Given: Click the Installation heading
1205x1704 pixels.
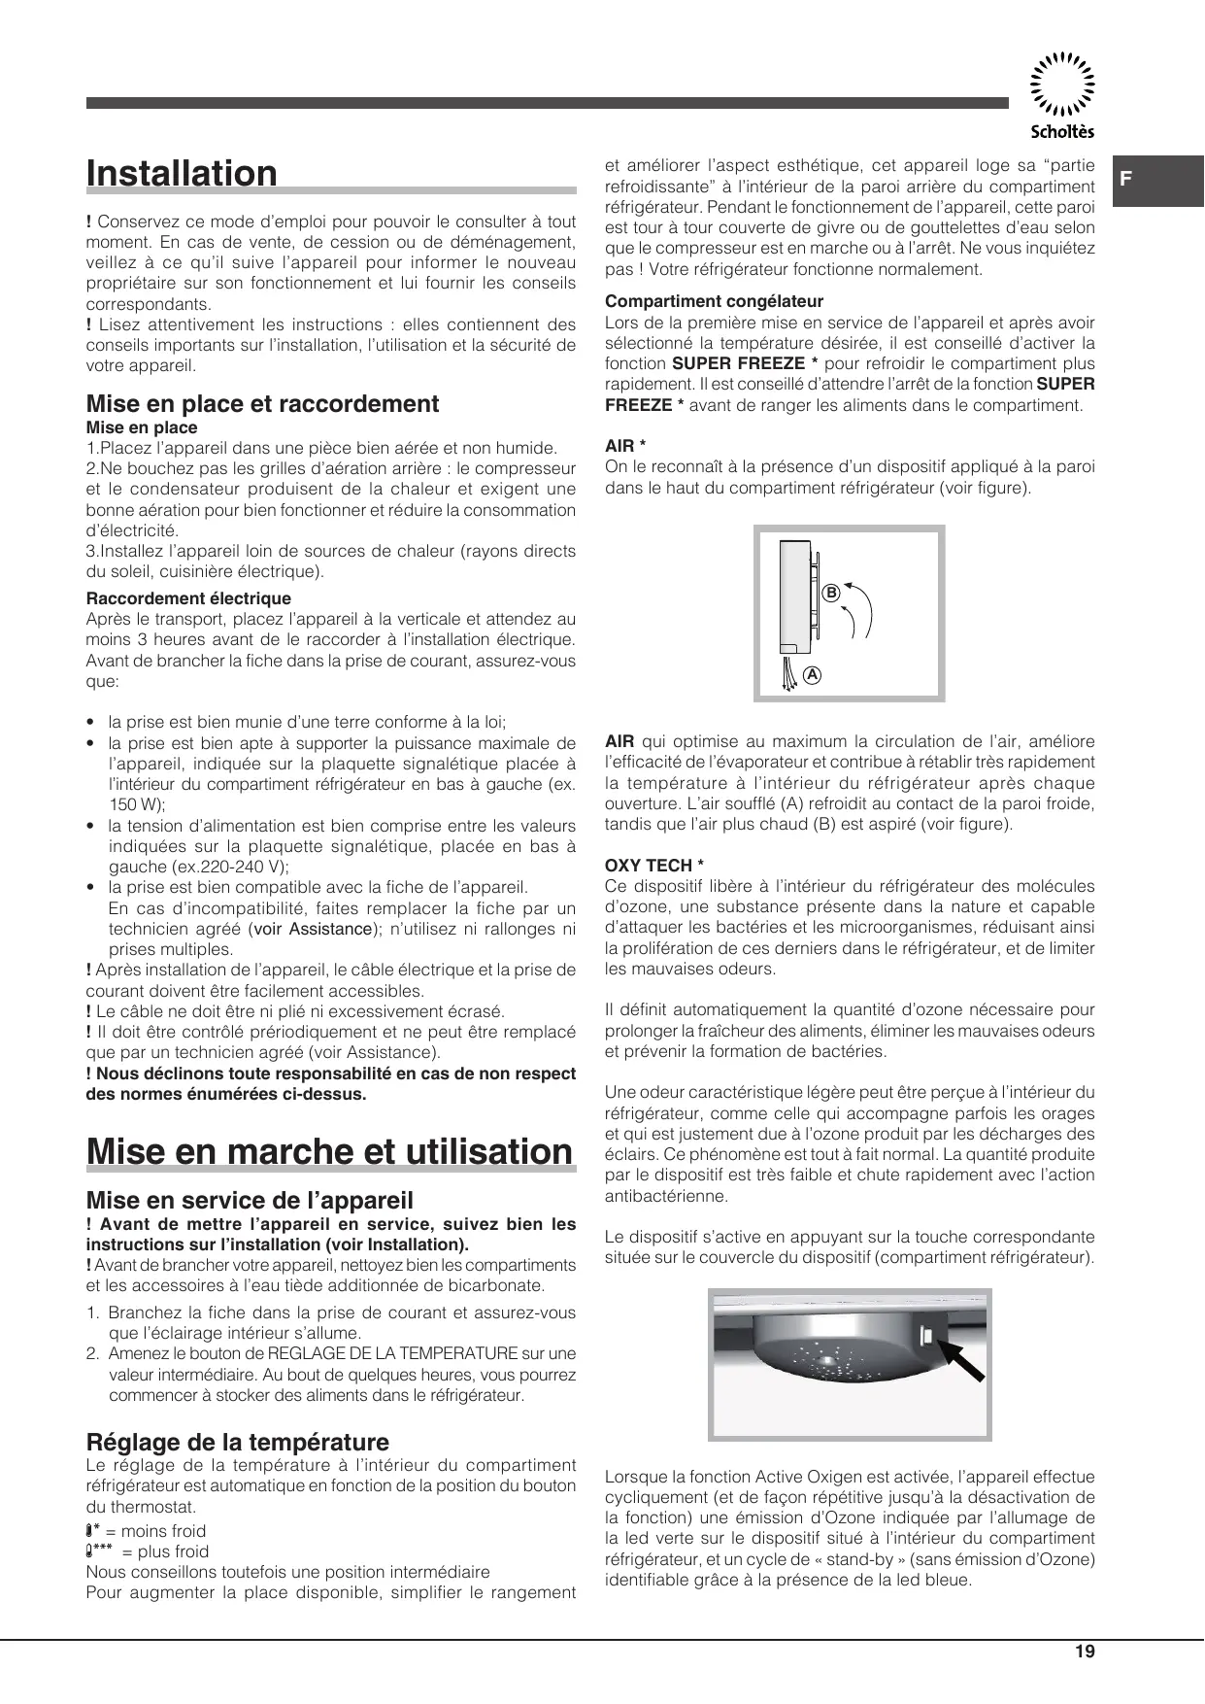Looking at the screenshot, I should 183,174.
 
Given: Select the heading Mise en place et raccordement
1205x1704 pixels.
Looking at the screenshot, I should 262,404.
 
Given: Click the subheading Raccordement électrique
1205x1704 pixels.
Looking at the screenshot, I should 188,598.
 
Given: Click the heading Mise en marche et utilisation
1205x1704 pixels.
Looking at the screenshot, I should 330,1152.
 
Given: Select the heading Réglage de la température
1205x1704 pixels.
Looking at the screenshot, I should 237,1442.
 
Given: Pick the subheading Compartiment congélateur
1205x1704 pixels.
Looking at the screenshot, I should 714,301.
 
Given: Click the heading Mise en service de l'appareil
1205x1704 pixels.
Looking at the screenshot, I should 250,1201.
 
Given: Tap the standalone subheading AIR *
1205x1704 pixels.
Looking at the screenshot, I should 626,446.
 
